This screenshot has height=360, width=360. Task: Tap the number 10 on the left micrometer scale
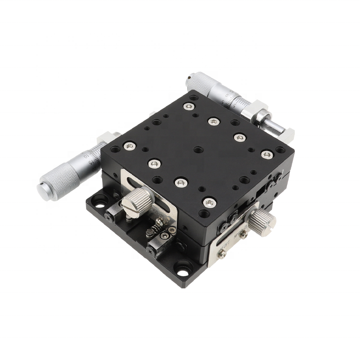[86, 156]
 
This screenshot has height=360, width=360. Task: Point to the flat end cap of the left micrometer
[44, 191]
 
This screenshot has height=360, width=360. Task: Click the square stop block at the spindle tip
[285, 134]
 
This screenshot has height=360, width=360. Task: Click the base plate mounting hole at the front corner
[183, 271]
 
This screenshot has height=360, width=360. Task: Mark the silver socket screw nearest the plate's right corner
[267, 154]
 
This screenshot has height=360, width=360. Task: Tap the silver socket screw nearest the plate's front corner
[209, 202]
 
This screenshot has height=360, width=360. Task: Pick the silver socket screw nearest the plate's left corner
[129, 145]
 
